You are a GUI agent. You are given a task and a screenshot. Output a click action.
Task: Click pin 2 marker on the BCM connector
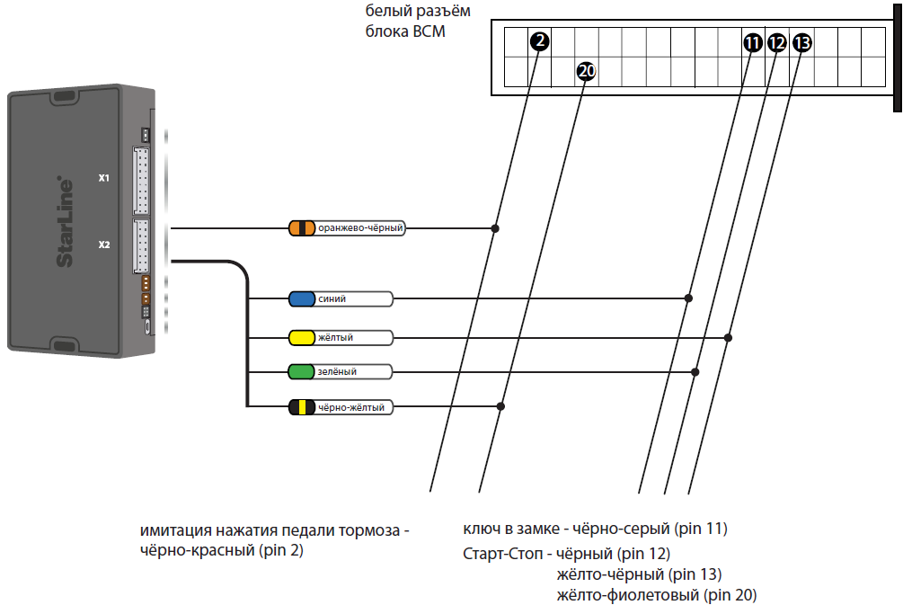point(538,41)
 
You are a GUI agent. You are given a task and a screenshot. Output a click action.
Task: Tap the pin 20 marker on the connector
point(586,71)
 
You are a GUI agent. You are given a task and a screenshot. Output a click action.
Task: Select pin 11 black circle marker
point(752,41)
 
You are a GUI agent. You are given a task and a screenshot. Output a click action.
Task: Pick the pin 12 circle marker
point(777,41)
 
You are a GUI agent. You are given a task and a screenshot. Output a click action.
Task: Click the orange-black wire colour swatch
point(302,228)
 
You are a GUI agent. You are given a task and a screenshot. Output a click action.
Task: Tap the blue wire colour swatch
point(301,298)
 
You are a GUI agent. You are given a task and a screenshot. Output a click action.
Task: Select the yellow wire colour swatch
point(301,338)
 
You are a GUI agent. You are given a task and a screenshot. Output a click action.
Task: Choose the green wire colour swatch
point(301,371)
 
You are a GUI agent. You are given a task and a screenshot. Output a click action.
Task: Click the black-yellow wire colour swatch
point(302,407)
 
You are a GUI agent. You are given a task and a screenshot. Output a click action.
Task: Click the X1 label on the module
point(104,178)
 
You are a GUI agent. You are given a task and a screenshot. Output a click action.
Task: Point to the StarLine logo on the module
point(66,221)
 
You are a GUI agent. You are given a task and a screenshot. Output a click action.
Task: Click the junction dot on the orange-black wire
point(495,228)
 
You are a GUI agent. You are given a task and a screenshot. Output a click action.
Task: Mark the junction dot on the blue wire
point(688,298)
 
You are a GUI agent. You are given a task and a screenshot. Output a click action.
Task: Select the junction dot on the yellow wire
point(728,338)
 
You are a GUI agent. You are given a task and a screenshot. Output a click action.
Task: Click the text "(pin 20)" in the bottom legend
point(731,595)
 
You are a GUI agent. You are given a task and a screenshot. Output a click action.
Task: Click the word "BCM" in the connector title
point(428,31)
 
